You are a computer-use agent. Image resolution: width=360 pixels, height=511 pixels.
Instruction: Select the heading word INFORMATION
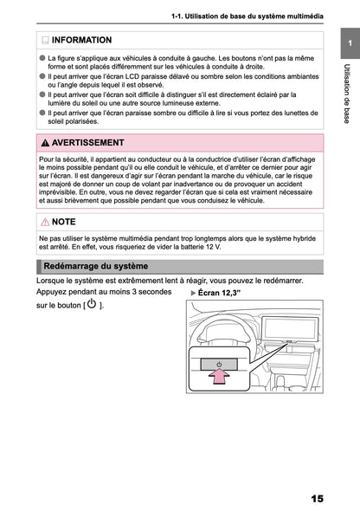point(81,40)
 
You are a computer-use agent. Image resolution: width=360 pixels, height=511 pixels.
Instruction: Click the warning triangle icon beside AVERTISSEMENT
point(45,142)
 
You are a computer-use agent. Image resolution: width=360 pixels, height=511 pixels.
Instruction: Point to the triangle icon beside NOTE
point(45,223)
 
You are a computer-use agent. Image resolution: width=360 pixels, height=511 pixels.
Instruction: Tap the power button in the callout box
point(219,363)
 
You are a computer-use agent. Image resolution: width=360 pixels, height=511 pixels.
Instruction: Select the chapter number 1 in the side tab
point(344,44)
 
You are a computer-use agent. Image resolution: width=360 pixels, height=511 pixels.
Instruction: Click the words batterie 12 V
point(219,246)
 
